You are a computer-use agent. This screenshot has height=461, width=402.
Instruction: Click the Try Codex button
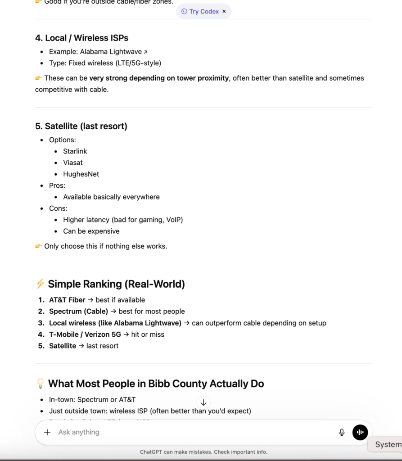point(200,12)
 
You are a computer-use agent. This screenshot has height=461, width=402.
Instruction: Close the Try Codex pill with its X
point(224,12)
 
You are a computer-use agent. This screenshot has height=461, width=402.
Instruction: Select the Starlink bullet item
point(75,151)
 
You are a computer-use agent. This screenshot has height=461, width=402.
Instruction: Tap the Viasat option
point(73,163)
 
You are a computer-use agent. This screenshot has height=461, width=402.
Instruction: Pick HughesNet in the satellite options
point(81,174)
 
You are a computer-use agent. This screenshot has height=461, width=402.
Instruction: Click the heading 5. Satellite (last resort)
point(81,126)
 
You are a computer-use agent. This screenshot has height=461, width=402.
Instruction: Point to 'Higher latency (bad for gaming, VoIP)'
point(123,220)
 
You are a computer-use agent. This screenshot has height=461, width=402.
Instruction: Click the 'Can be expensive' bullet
point(91,231)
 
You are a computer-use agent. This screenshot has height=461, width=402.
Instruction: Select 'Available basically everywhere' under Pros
point(111,197)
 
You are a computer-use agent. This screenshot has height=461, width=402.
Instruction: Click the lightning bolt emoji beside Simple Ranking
point(40,284)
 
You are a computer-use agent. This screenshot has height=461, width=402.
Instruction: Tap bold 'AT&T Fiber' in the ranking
point(67,300)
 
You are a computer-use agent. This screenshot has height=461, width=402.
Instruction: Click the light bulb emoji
point(40,384)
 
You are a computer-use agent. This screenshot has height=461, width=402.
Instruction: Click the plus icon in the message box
point(47,432)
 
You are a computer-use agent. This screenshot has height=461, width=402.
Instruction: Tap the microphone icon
point(342,432)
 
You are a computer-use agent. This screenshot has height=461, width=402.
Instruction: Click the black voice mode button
point(360,432)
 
